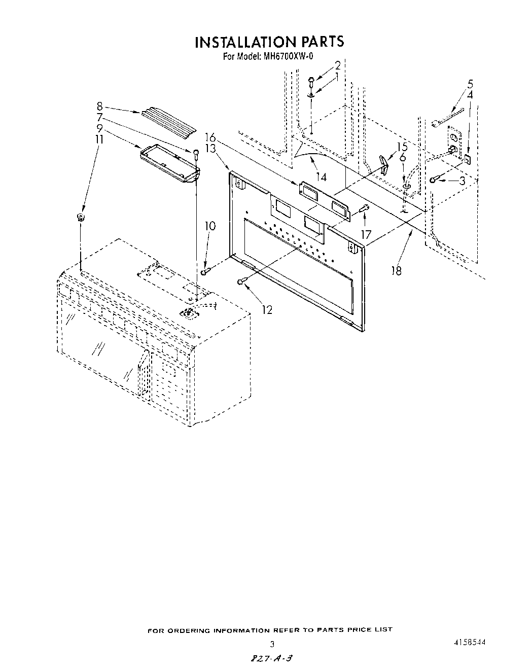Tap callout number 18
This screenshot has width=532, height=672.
coord(396,271)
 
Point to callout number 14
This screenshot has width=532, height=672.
coord(321,177)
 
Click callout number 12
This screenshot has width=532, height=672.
coord(267,309)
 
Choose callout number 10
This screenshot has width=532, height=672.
coord(210,226)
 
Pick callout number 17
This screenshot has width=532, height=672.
coord(366,234)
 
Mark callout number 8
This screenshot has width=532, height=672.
coord(99,107)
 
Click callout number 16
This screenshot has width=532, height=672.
coord(210,136)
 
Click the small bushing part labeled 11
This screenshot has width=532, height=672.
coord(80,218)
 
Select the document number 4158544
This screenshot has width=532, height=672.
coord(470,642)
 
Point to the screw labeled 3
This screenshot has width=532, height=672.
coord(435,180)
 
